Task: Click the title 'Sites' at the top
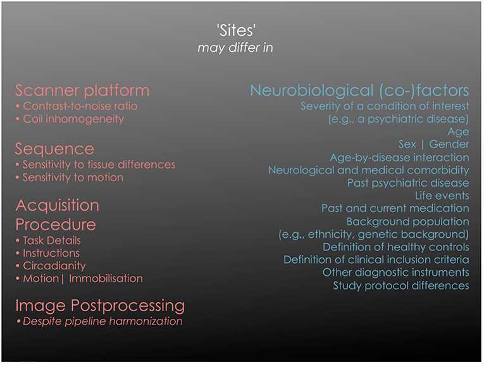click(x=236, y=30)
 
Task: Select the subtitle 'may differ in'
click(x=235, y=47)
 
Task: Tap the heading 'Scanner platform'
click(x=82, y=90)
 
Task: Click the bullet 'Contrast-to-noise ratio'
click(x=80, y=106)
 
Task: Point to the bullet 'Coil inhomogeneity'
click(x=73, y=119)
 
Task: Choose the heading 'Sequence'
click(x=54, y=149)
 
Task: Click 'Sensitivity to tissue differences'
click(x=99, y=164)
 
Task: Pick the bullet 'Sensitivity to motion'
click(x=73, y=177)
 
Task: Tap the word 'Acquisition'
click(x=58, y=205)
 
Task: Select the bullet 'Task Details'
click(x=51, y=240)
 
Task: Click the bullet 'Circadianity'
click(x=54, y=266)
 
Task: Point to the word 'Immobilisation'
click(x=106, y=278)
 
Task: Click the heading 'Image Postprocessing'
click(x=100, y=305)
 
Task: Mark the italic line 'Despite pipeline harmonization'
click(x=102, y=321)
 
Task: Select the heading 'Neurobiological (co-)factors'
click(x=359, y=90)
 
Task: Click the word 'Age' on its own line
click(x=459, y=132)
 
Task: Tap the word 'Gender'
click(x=449, y=144)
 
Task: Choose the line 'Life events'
click(x=442, y=195)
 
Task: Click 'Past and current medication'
click(x=395, y=208)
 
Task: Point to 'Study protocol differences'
click(x=401, y=285)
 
